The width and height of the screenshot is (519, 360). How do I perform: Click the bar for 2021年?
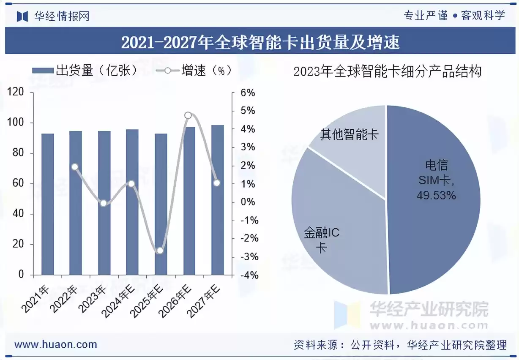pyautogui.click(x=47, y=205)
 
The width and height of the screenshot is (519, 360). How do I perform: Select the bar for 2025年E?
pyautogui.click(x=161, y=205)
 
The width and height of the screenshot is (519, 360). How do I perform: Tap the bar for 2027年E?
pyautogui.click(x=217, y=200)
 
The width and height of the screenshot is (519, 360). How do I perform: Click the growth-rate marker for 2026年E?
pyautogui.click(x=188, y=115)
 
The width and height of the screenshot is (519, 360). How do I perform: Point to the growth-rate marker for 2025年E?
pyautogui.click(x=160, y=251)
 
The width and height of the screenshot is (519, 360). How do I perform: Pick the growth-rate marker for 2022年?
pyautogui.click(x=75, y=167)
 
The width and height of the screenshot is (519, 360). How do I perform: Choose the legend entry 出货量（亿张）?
pyautogui.click(x=85, y=71)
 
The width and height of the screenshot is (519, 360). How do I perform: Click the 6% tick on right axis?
pyautogui.click(x=247, y=93)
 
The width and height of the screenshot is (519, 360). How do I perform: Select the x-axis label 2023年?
pyautogui.click(x=94, y=300)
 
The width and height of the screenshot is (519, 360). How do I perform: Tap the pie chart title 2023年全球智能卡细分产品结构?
pyautogui.click(x=387, y=71)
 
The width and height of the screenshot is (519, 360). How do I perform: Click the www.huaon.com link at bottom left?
pyautogui.click(x=55, y=344)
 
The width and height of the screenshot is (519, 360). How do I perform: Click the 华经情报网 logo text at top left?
pyautogui.click(x=61, y=16)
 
